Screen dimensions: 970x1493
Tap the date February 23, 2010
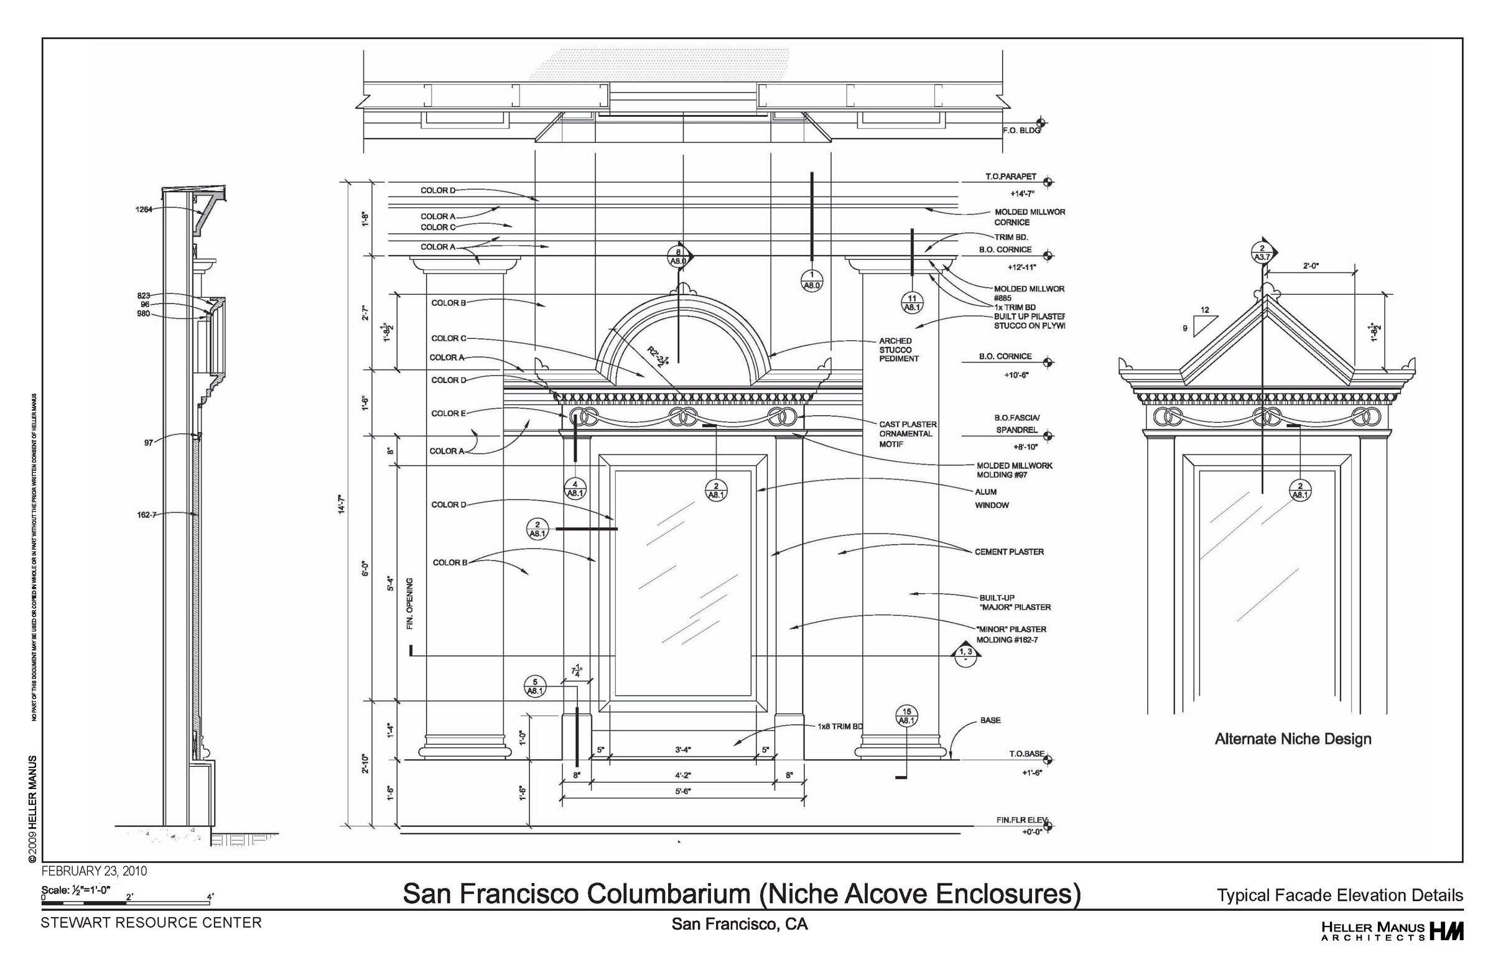tap(94, 871)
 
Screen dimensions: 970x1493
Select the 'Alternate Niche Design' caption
tap(1293, 739)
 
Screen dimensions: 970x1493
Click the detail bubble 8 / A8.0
tap(678, 257)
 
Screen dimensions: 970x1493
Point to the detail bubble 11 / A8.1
tap(911, 302)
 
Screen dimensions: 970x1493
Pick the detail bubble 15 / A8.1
tap(906, 716)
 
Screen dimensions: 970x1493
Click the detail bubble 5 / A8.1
tap(535, 686)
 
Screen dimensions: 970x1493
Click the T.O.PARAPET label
tap(1010, 177)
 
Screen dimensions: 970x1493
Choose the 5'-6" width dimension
tap(682, 792)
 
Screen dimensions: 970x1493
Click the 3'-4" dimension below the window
tap(682, 750)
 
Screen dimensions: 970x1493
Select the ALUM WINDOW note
tap(991, 499)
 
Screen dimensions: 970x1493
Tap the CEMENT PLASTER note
tap(1009, 552)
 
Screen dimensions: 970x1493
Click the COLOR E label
tap(449, 413)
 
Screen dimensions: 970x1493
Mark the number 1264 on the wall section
tap(144, 210)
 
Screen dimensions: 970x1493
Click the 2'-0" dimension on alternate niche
tap(1310, 266)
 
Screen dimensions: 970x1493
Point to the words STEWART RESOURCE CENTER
tap(151, 922)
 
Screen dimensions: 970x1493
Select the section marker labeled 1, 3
tap(965, 653)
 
